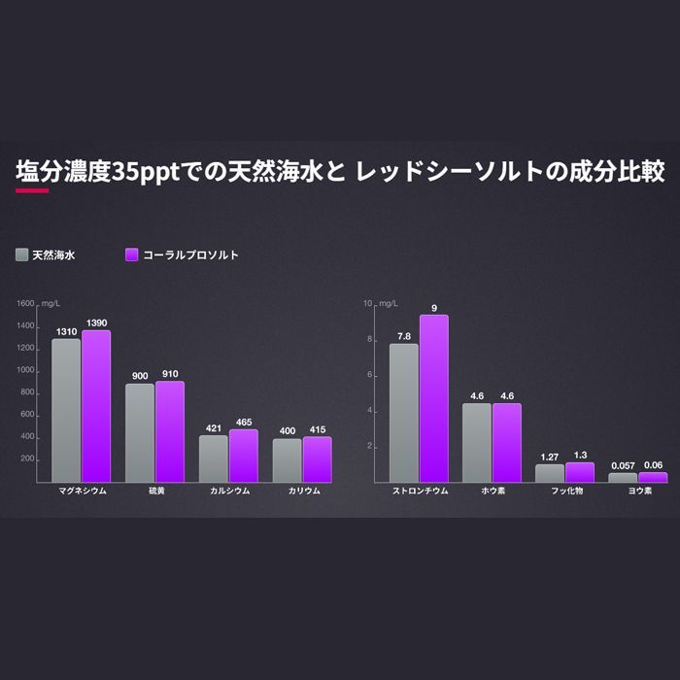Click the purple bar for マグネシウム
96,406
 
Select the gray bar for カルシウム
214,459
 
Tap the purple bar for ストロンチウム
433,398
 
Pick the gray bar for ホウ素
476,442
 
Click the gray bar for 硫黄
140,432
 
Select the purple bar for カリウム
317,459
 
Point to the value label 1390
96,322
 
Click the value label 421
214,426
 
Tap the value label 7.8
404,336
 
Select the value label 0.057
622,465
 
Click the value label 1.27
549,456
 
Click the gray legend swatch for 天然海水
21,255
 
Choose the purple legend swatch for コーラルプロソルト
132,255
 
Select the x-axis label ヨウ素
638,492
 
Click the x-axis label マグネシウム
81,492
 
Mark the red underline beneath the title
32,190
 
